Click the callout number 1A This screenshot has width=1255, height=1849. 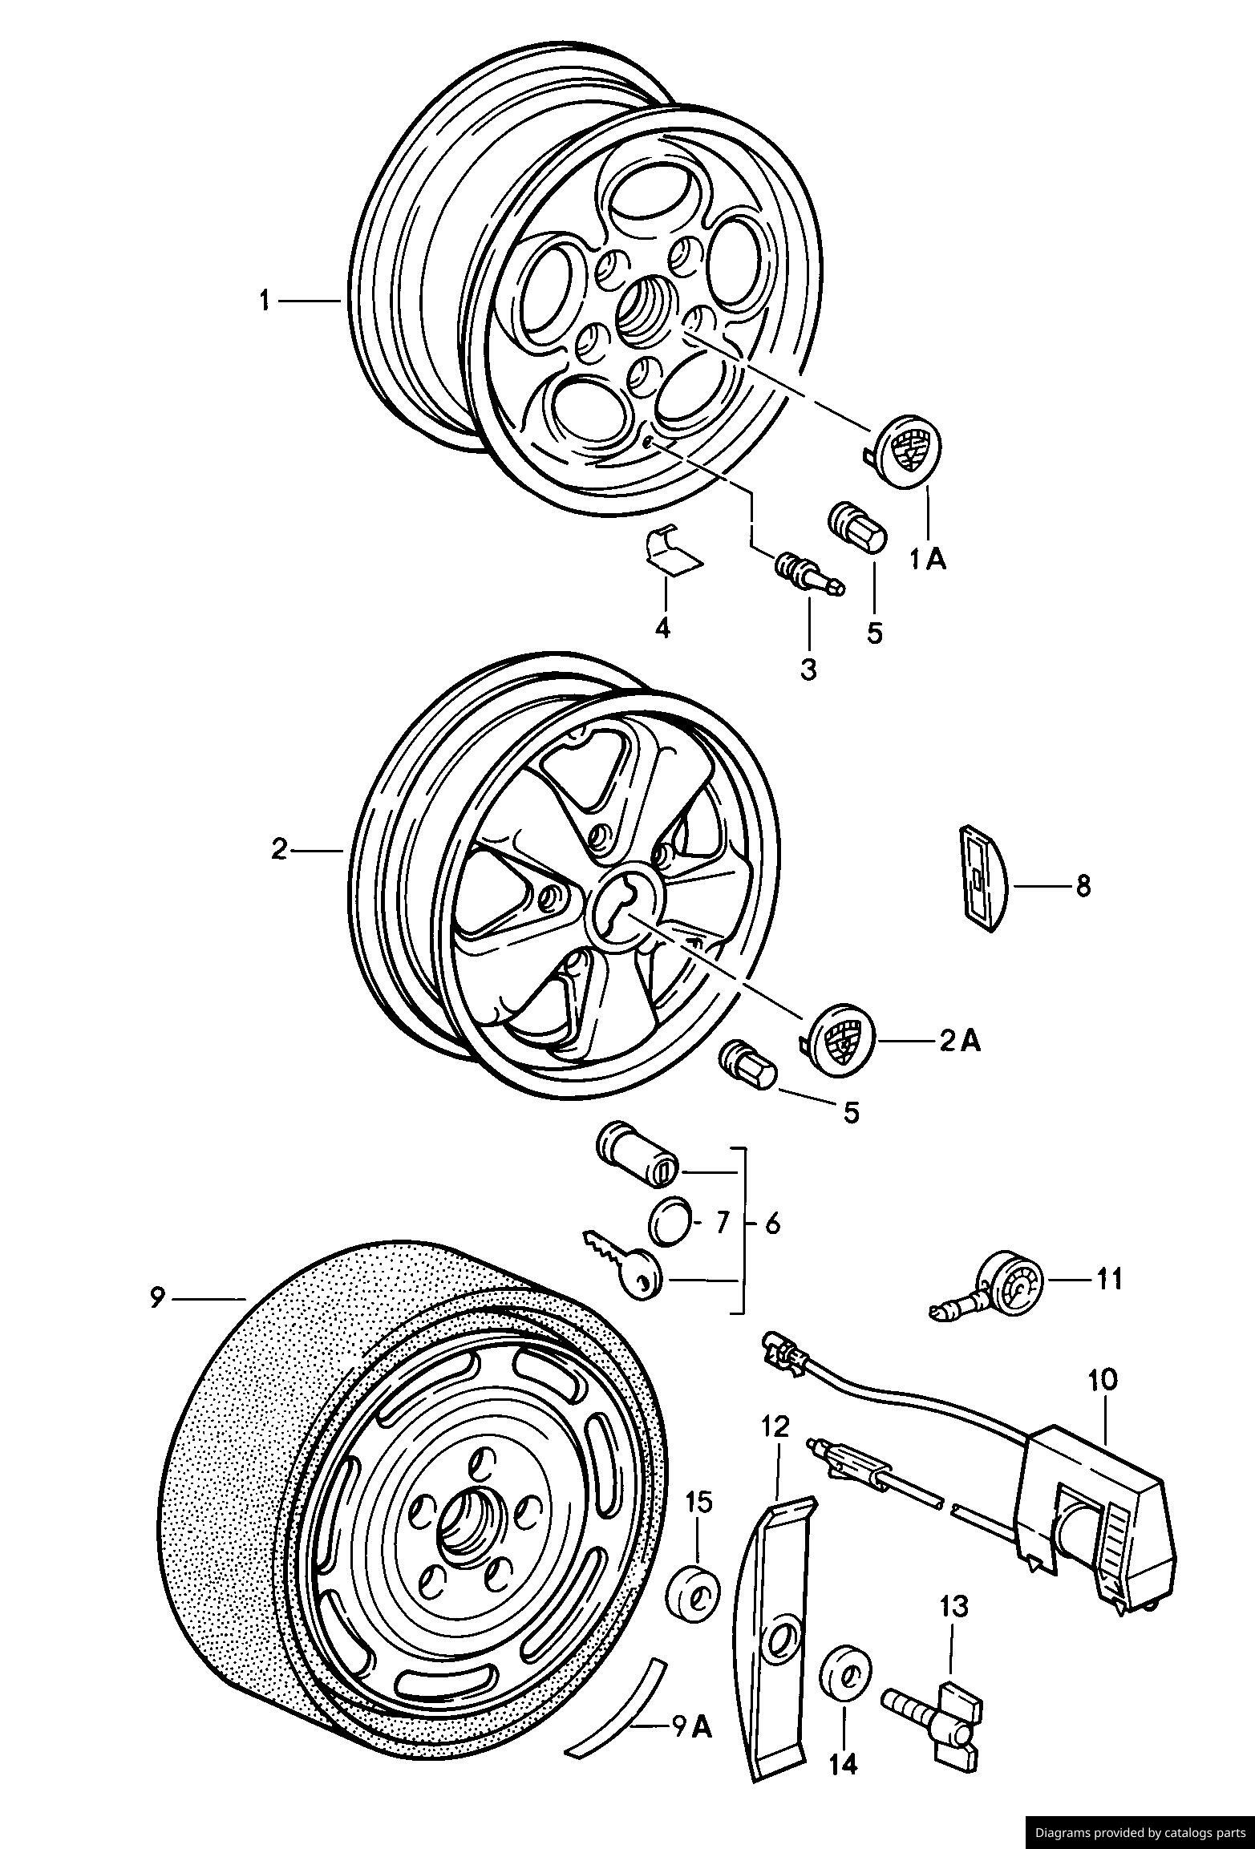tap(928, 559)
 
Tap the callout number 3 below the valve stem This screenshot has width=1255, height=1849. tap(808, 669)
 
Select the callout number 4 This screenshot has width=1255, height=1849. tap(662, 628)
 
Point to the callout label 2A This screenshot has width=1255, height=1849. tap(960, 1042)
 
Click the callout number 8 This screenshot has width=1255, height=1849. tap(1083, 886)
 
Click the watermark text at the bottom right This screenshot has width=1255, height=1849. tap(1139, 1832)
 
